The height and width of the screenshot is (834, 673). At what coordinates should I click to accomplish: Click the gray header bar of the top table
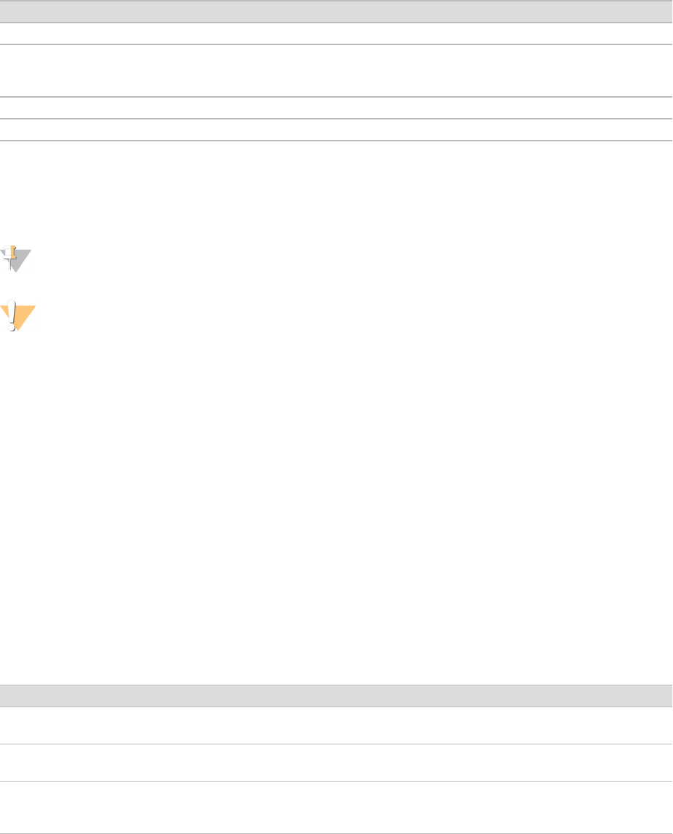coord(336,11)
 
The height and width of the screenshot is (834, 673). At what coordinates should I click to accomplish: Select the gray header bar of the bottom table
coord(336,696)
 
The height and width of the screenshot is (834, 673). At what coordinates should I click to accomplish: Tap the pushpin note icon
coord(16,259)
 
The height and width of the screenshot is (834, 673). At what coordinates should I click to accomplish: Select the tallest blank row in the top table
coord(336,71)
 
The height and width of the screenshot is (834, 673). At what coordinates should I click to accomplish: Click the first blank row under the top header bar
coord(336,34)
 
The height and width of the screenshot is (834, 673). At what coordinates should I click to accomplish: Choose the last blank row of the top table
coord(336,130)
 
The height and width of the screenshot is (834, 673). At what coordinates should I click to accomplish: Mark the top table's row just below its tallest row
coord(336,108)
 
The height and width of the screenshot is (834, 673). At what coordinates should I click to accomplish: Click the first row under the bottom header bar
coord(336,725)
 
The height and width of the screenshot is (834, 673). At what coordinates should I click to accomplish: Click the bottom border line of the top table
coord(336,141)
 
